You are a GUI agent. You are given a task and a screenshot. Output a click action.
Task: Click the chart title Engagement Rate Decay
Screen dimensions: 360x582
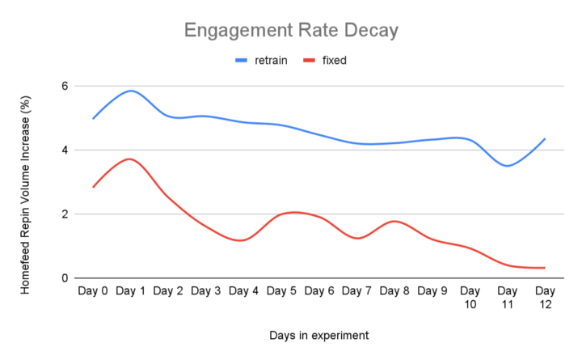point(291,31)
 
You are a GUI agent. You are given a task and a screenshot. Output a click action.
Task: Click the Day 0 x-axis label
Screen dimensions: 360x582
point(93,290)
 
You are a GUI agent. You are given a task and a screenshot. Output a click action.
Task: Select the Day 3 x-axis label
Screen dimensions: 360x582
point(206,290)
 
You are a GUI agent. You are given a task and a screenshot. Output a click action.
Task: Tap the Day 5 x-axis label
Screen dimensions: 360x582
point(281,290)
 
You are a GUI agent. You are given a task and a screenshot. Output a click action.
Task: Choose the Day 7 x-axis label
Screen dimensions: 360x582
point(356,290)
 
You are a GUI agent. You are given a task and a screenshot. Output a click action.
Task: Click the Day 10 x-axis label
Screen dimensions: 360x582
point(470,297)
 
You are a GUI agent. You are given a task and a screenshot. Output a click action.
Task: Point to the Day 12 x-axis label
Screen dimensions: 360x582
point(545,297)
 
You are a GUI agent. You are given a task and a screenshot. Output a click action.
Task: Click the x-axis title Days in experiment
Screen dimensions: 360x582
point(318,333)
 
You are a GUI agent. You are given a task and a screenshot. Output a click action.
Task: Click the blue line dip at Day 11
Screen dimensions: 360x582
point(507,166)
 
